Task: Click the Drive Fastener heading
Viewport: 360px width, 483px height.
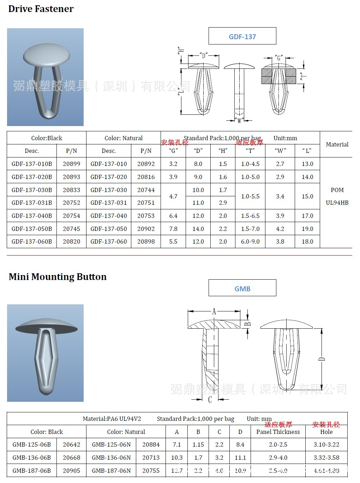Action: tap(41, 9)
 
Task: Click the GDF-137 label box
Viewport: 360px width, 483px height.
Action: tap(242, 36)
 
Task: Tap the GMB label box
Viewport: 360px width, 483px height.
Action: tap(242, 288)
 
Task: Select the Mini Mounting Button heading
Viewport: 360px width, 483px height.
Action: tap(58, 277)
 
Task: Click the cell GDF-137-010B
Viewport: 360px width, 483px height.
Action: tap(32, 164)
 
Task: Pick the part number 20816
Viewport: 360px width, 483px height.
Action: tap(146, 177)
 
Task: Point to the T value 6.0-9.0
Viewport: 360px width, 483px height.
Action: tap(250, 241)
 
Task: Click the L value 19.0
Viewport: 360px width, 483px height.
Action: tap(307, 229)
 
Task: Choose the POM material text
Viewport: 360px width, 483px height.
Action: tap(337, 190)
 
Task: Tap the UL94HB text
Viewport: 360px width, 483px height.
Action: tap(337, 203)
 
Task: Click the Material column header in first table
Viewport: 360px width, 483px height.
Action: tap(337, 144)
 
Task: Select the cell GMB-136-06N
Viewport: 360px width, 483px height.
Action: tap(111, 458)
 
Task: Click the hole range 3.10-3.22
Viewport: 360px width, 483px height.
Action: tap(326, 445)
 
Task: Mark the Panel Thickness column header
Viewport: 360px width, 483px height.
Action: tap(278, 432)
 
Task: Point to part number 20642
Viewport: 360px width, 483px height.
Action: tap(71, 445)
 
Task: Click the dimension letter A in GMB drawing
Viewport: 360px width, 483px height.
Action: tap(214, 311)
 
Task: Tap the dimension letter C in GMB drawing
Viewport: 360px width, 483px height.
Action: tap(210, 399)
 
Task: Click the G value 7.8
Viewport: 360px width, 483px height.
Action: tap(173, 229)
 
